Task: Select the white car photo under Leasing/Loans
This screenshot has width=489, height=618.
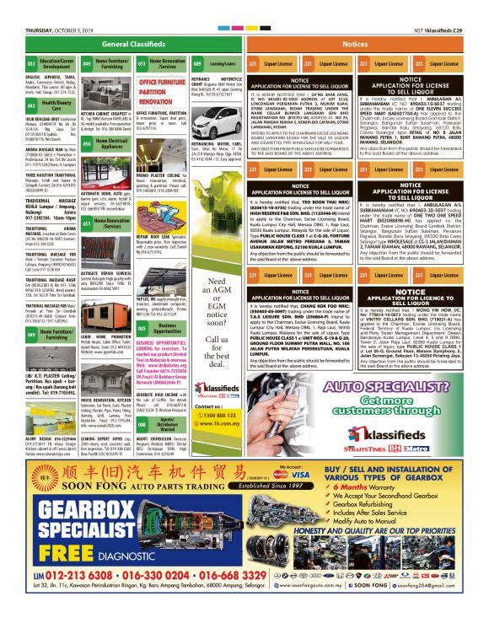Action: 216,90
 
